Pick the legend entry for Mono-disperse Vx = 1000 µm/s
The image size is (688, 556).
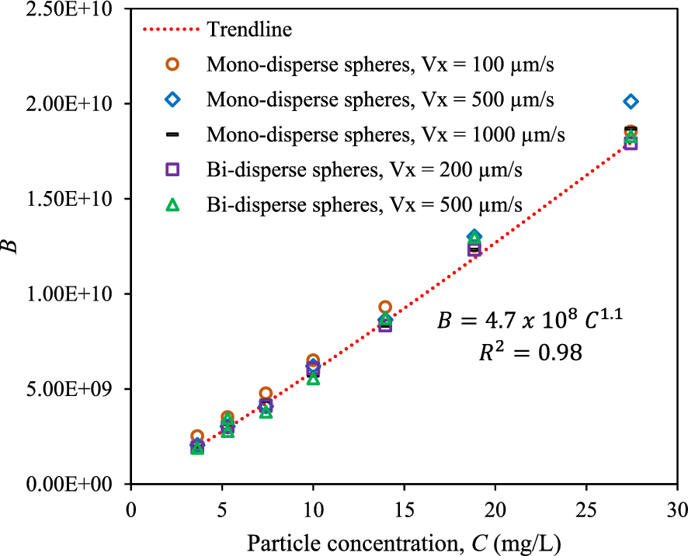385,134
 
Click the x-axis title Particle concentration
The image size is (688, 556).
404,540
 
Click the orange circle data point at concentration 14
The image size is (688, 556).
385,308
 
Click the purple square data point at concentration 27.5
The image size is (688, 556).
631,143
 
